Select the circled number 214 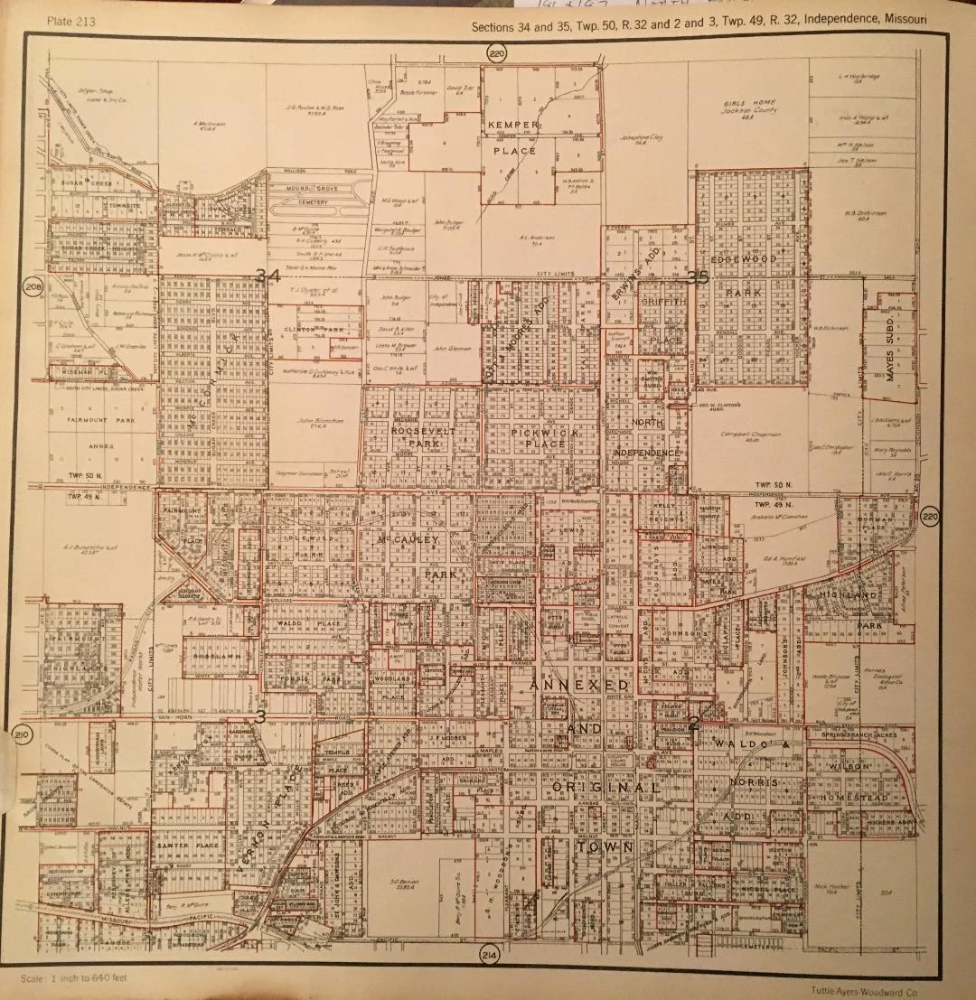click(x=489, y=958)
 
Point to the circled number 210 click(x=23, y=736)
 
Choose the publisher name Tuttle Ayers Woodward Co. click(x=890, y=989)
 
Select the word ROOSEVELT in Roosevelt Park click(x=418, y=432)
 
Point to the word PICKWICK click(x=540, y=432)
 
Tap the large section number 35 click(x=699, y=277)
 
